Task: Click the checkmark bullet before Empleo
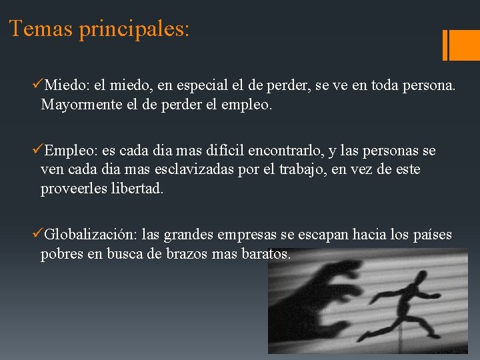point(38,151)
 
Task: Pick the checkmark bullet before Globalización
point(38,234)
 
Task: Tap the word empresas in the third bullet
point(261,235)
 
